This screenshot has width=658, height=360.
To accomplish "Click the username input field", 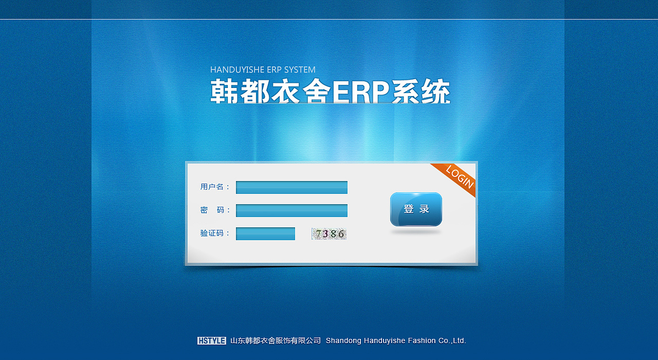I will [x=291, y=188].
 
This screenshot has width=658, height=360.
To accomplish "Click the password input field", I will [x=291, y=211].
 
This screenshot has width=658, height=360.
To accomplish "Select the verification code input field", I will [x=265, y=234].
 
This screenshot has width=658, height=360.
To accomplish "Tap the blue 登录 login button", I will [x=416, y=209].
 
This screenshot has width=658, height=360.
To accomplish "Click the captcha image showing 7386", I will [x=329, y=234].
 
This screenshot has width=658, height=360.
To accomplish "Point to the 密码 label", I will [x=215, y=210].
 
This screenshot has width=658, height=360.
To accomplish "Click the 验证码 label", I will [x=215, y=233].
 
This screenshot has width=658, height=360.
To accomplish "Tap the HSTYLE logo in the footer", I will [x=211, y=340].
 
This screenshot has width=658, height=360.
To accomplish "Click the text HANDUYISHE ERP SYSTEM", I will [x=263, y=69].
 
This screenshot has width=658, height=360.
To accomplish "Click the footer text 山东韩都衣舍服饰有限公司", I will [x=276, y=340].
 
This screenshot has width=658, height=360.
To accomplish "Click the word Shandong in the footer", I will [x=343, y=340].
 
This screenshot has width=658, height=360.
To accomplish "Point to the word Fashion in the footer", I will [x=420, y=340].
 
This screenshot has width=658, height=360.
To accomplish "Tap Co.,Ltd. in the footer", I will [x=452, y=340].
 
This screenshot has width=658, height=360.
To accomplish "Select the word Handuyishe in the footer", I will [x=384, y=340].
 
